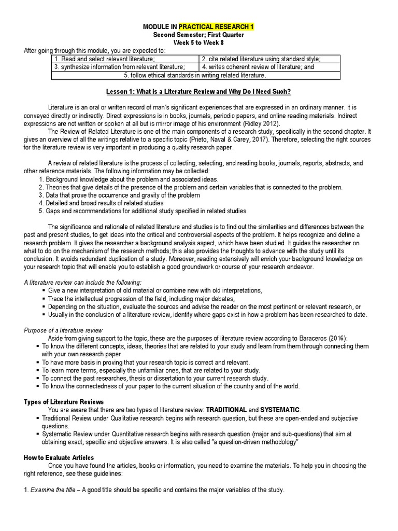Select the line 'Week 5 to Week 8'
click(198, 43)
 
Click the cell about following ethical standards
click(195, 75)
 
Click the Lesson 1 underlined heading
click(198, 92)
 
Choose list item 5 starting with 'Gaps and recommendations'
click(135, 211)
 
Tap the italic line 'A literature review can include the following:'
click(82, 283)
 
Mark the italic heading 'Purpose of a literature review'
click(63, 330)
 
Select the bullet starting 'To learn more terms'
click(150, 370)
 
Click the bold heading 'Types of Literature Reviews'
click(64, 402)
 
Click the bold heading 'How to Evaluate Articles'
click(59, 457)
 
